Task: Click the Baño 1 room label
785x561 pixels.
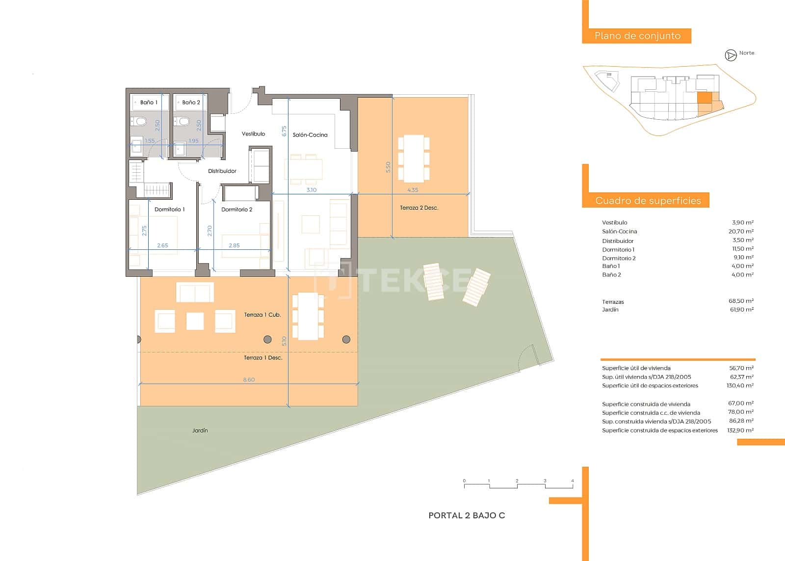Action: (x=149, y=103)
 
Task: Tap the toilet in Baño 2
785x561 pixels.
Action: (x=184, y=121)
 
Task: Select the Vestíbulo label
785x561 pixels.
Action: (x=253, y=134)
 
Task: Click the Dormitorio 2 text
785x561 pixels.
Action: (x=236, y=210)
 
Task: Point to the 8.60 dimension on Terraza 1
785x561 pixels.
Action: (x=249, y=380)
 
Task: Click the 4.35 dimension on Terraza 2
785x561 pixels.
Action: (x=413, y=190)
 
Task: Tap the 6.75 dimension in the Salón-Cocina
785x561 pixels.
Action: (x=284, y=131)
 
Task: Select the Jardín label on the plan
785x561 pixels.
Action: (x=200, y=430)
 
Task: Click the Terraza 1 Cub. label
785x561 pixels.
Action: (x=262, y=315)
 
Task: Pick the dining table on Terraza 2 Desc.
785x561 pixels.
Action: (x=414, y=159)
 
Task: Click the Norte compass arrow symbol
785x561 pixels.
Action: (x=731, y=55)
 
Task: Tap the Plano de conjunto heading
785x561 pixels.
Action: (x=637, y=36)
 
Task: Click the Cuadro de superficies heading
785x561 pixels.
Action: (x=648, y=200)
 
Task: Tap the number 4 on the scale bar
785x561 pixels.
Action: (x=573, y=481)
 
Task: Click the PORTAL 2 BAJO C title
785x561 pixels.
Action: (x=467, y=515)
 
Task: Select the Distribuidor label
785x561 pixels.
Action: (x=222, y=171)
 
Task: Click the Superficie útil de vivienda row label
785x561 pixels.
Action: (x=636, y=368)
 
